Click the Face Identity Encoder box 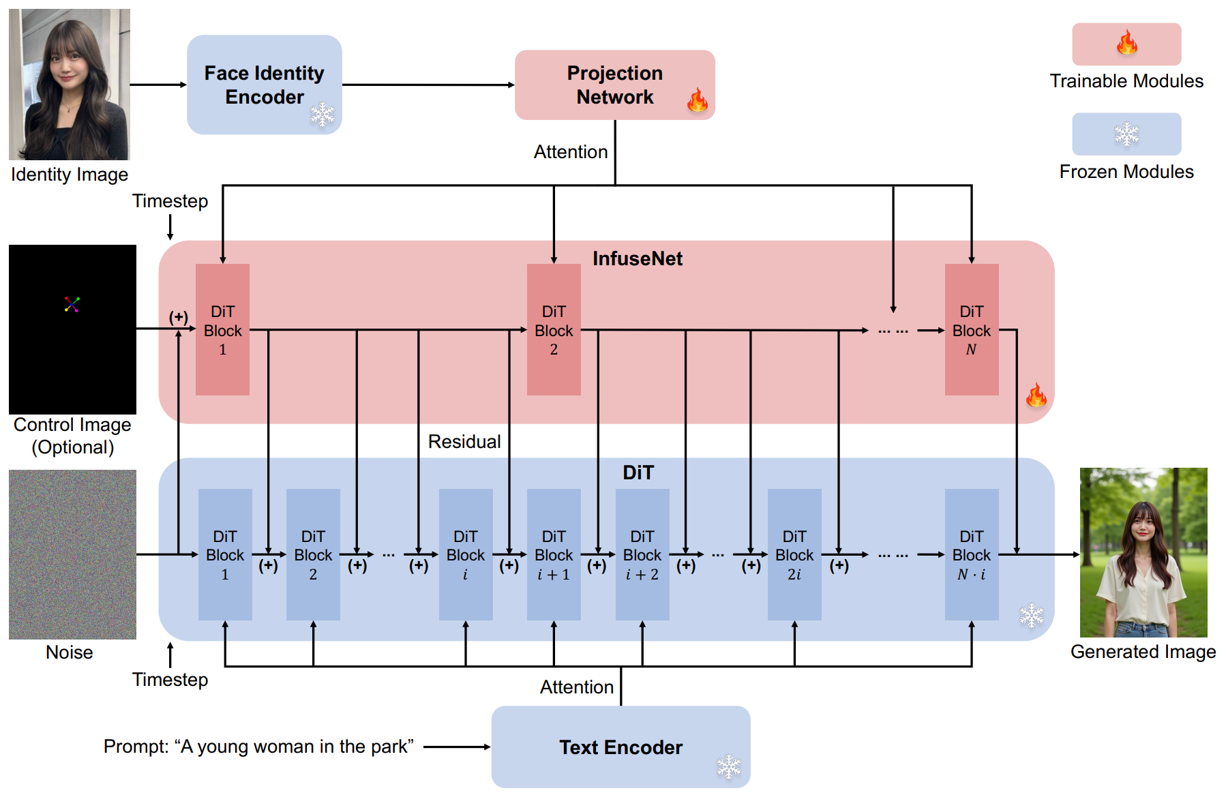point(264,85)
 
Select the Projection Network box point(614,85)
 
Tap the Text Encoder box point(621,747)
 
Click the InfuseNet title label point(637,258)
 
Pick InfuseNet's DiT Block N point(971,330)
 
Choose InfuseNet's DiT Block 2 point(553,330)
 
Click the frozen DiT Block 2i point(794,554)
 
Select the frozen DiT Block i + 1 point(553,554)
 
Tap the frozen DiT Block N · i point(971,554)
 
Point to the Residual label point(464,442)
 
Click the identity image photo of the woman point(69,85)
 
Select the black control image point(72,329)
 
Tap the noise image point(72,554)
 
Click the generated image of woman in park point(1143,552)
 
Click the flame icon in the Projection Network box point(697,101)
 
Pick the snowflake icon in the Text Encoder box point(728,766)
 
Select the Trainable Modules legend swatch point(1126,44)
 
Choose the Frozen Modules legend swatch point(1126,134)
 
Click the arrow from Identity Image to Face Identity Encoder point(158,85)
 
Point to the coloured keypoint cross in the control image point(72,304)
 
